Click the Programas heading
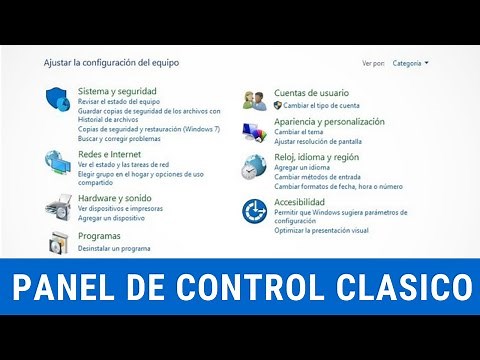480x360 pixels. pos(99,237)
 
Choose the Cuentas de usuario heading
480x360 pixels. pos(311,93)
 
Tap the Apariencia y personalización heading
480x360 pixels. pos(329,122)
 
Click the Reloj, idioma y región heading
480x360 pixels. pos(317,158)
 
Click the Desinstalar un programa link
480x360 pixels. pos(114,248)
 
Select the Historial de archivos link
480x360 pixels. pos(108,119)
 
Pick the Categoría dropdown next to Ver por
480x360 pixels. pos(411,62)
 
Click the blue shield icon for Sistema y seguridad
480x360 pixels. pos(58,99)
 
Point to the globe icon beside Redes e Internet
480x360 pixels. pos(58,161)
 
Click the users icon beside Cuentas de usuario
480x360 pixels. pos(256,99)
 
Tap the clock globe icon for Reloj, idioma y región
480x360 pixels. pos(256,166)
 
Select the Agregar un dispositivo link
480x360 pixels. pos(113,217)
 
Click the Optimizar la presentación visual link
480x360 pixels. pos(323,230)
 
